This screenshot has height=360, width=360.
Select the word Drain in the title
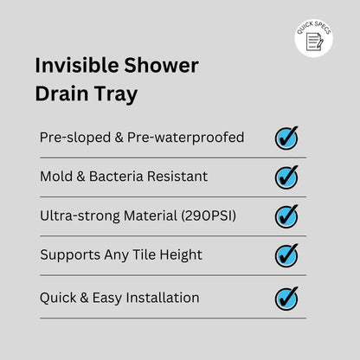click(60, 94)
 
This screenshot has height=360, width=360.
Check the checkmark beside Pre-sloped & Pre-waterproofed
click(286, 138)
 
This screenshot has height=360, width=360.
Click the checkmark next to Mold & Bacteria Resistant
click(286, 177)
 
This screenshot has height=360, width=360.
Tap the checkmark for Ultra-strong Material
click(286, 215)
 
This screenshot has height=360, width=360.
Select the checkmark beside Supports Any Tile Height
click(286, 255)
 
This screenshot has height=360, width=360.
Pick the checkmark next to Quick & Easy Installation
click(286, 298)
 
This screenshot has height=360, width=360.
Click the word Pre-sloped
click(73, 138)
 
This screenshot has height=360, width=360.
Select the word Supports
click(70, 256)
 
